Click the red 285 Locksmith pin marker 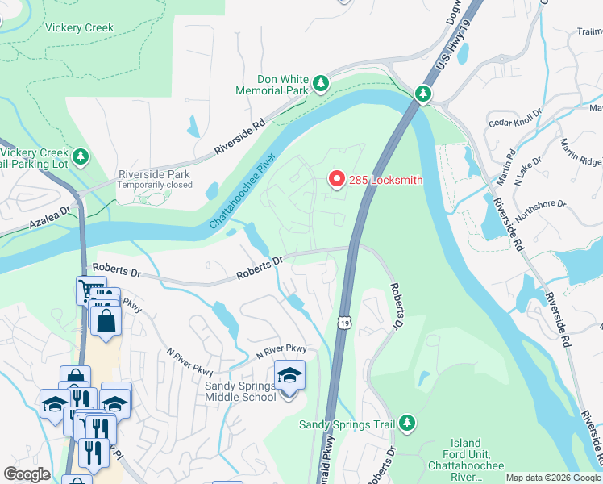click(335, 179)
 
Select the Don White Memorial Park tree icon click(321, 83)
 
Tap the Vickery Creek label click(79, 27)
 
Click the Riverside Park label click(155, 178)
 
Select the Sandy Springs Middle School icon click(289, 375)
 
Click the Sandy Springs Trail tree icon click(407, 423)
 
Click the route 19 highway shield click(344, 322)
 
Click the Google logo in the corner click(27, 474)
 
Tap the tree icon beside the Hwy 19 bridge click(423, 95)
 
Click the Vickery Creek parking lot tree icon click(80, 156)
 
